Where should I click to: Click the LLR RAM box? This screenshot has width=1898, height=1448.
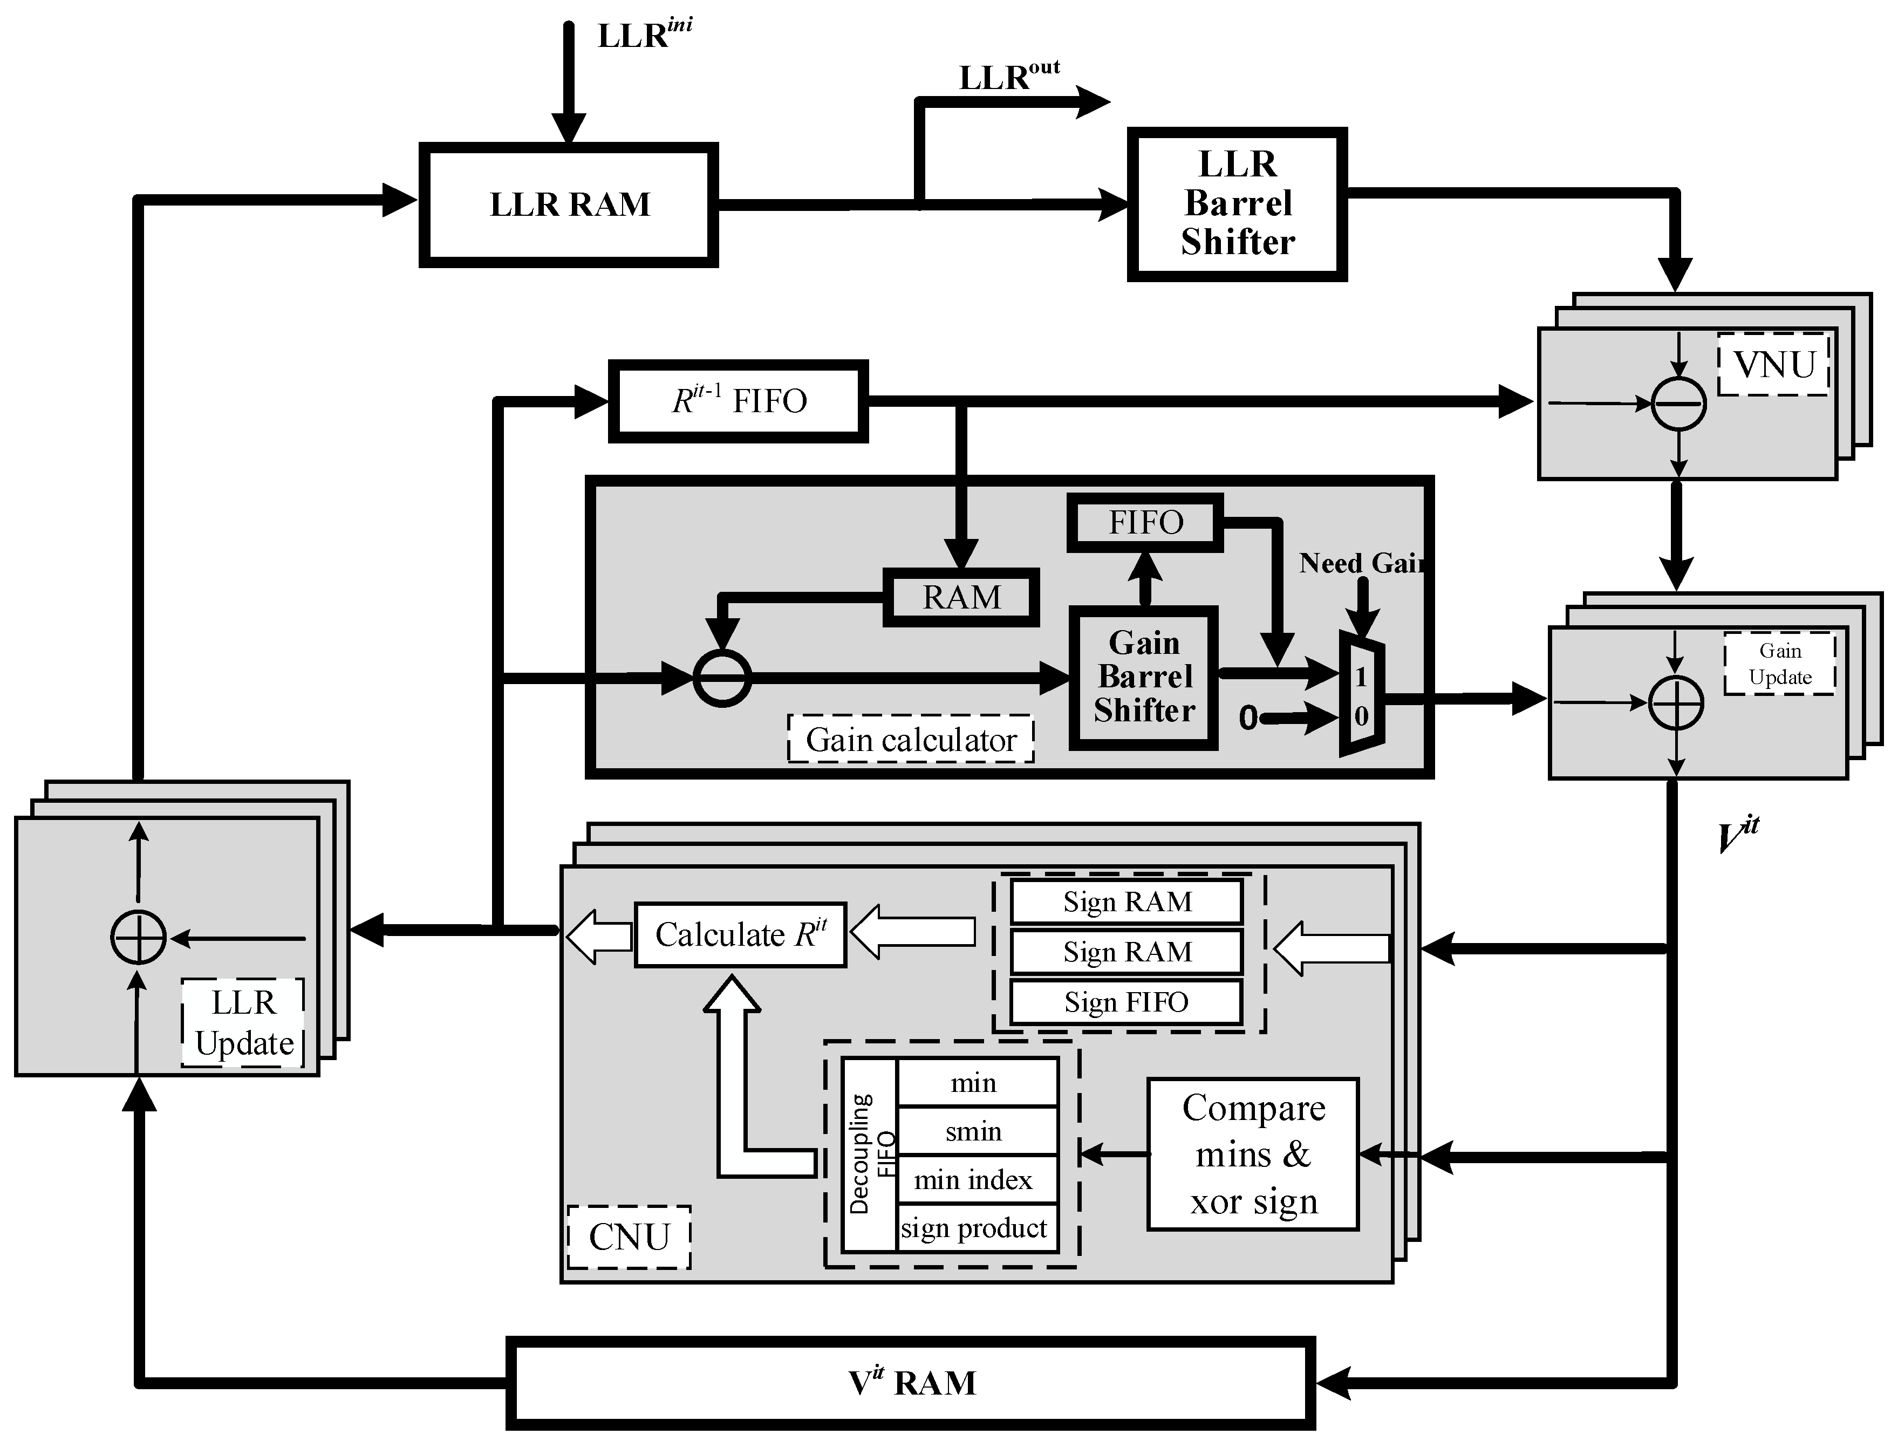coord(569,205)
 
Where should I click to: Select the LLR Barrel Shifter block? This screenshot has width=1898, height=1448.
coord(1237,204)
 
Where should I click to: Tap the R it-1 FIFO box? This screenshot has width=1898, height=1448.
coord(738,401)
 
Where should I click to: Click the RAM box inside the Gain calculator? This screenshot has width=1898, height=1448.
coord(961,597)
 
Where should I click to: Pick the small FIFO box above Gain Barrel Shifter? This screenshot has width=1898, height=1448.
coord(1145,522)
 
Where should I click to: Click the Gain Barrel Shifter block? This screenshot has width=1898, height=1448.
coord(1144,678)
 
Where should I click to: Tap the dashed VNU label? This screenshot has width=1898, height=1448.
coord(1774,365)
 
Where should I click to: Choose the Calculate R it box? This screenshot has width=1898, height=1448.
coord(740,935)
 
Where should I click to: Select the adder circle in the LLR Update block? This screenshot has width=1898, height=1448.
coord(138,937)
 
